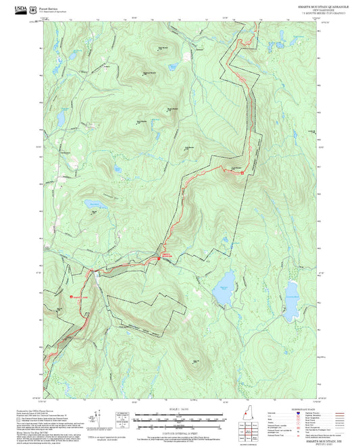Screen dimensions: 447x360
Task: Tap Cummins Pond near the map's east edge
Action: pyautogui.click(x=292, y=292)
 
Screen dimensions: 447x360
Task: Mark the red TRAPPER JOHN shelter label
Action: pyautogui.click(x=79, y=296)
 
